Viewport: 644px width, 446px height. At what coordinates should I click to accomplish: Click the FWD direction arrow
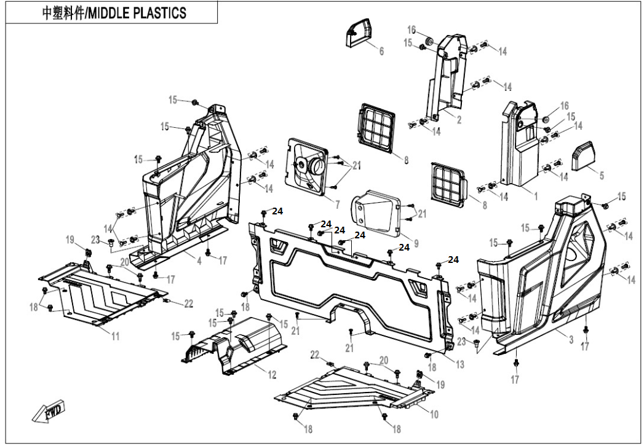tap(49, 413)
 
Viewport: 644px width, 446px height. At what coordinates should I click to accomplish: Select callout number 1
tap(535, 197)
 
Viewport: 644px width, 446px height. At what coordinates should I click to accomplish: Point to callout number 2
tap(458, 120)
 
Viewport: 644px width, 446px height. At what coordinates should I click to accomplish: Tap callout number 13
tap(460, 363)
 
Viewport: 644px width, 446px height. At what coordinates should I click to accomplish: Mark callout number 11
tap(115, 336)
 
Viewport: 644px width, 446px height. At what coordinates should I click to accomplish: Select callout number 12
tap(271, 374)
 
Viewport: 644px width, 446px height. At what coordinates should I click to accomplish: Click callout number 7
tap(336, 203)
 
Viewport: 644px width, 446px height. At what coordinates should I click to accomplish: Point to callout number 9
tap(416, 243)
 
